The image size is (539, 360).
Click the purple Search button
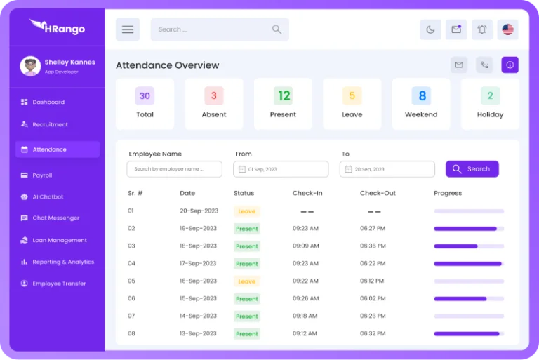[472, 169]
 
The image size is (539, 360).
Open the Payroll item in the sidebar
[42, 175]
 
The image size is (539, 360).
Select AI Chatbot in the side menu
[48, 197]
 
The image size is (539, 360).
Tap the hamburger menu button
[128, 29]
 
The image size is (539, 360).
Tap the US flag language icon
[507, 29]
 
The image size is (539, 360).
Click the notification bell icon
[481, 29]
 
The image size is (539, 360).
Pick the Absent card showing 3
[214, 104]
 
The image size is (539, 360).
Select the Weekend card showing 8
[421, 104]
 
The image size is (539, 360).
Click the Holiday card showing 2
[490, 104]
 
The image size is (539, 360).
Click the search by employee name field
[174, 169]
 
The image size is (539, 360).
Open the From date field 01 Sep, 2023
[281, 169]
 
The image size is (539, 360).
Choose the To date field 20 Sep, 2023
[387, 169]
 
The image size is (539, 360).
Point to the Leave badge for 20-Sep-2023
[247, 211]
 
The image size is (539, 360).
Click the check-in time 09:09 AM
[305, 246]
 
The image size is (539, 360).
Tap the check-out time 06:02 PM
[373, 298]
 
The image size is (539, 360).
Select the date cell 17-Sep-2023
[199, 263]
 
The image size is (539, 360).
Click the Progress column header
[448, 193]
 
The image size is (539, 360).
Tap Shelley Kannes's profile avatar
[30, 66]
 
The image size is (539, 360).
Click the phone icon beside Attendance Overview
[484, 65]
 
